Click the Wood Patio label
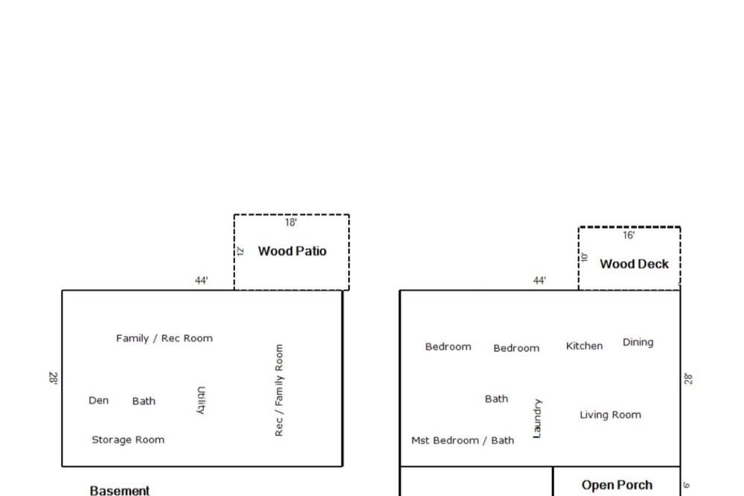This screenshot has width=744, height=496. (x=292, y=251)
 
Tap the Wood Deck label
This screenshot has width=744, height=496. (x=634, y=264)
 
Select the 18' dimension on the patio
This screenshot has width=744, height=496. (x=291, y=223)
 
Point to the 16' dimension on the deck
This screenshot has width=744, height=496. (x=629, y=235)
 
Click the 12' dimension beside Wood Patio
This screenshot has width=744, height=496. (x=240, y=251)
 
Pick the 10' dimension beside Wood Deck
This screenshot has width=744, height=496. (x=585, y=258)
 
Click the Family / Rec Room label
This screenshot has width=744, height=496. (x=164, y=338)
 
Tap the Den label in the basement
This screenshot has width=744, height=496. (x=99, y=401)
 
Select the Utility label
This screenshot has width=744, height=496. (x=201, y=400)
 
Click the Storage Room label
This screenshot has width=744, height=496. (x=128, y=440)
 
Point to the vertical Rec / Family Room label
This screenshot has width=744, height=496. (x=279, y=390)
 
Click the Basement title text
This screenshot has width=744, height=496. (x=120, y=490)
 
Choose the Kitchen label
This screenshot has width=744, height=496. (x=584, y=346)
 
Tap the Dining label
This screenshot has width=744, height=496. (x=638, y=343)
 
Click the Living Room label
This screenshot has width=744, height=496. (x=610, y=415)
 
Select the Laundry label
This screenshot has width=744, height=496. (x=536, y=419)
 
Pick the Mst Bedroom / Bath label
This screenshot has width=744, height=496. (x=463, y=440)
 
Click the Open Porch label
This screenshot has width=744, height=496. (x=617, y=485)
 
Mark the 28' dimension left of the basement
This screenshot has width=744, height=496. (x=53, y=378)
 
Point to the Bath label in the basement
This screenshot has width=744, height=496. (x=144, y=401)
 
